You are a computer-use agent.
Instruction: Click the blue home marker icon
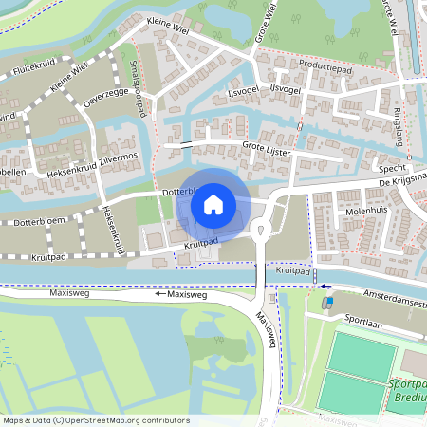pos(213,204)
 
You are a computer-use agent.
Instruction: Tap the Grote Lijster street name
pos(267,147)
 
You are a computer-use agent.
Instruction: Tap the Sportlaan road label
pos(363,322)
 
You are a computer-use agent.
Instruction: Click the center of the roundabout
pos(260,227)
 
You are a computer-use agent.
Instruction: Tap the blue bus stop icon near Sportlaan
pos(329,302)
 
